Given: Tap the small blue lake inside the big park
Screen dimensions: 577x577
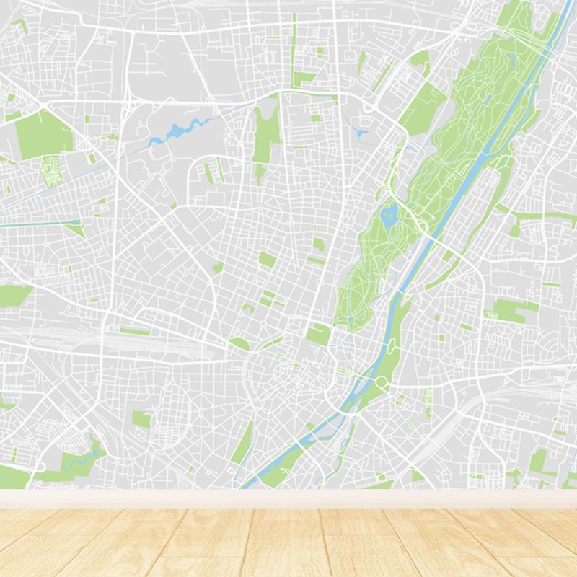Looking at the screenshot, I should point(390,213).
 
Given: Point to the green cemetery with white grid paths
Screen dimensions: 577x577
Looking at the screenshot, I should point(50,170).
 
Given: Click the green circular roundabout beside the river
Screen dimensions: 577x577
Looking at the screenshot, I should point(380,382).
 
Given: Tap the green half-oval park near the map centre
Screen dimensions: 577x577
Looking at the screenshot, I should point(239,344).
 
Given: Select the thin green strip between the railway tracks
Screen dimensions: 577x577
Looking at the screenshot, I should point(135,332).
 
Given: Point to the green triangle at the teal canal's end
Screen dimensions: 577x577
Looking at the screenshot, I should point(75,229).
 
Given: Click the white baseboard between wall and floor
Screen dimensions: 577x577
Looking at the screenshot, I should point(288,498).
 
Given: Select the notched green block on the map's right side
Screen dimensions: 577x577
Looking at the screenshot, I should point(514,310).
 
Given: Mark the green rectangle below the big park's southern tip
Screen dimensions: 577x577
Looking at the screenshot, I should point(318,334).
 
